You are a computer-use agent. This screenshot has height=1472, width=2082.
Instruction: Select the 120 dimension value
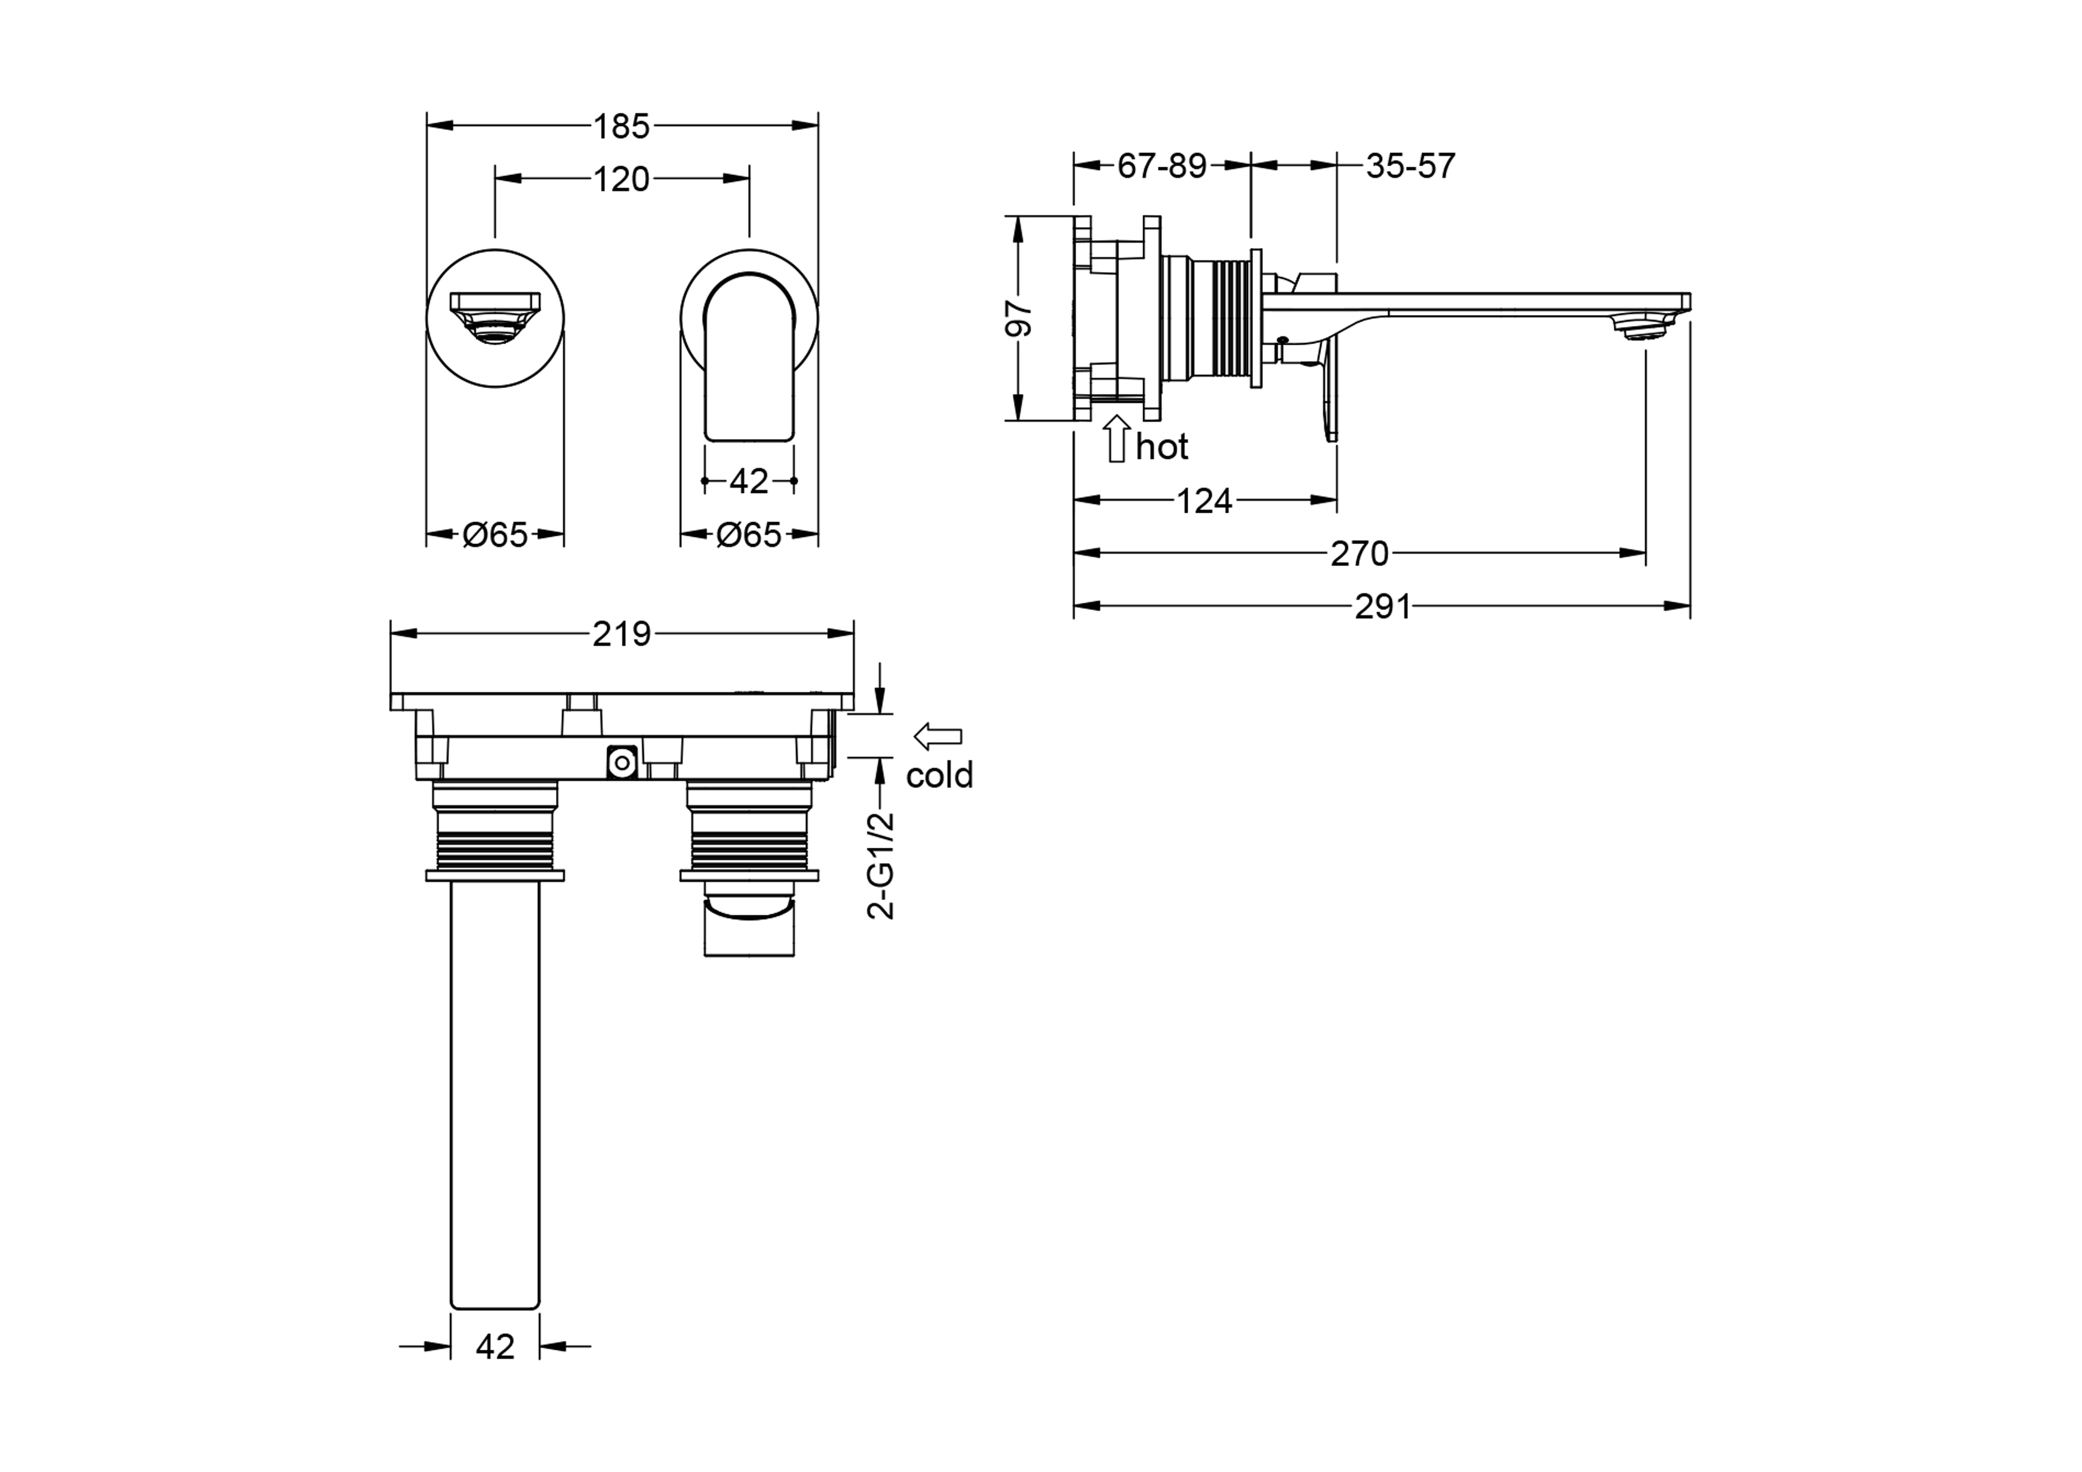(x=621, y=179)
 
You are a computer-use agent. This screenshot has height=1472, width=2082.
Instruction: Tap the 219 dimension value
(x=621, y=634)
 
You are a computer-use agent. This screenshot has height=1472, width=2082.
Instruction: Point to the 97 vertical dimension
(x=1019, y=318)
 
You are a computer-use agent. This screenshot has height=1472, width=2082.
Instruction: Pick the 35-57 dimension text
(x=1410, y=166)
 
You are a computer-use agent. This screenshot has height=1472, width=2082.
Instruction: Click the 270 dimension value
(x=1359, y=553)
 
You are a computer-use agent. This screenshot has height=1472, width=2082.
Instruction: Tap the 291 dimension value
(x=1383, y=606)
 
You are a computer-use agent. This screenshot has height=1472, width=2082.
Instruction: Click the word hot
(x=1161, y=447)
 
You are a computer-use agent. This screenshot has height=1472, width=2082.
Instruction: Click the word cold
(x=940, y=775)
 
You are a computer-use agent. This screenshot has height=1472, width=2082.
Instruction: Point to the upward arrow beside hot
(x=1117, y=438)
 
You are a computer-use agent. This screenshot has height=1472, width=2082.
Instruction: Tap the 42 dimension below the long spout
(x=495, y=1372)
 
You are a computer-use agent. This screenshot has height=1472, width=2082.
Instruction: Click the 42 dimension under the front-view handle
(x=749, y=481)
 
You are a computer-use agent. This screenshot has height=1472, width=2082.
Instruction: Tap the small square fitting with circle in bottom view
(x=622, y=763)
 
